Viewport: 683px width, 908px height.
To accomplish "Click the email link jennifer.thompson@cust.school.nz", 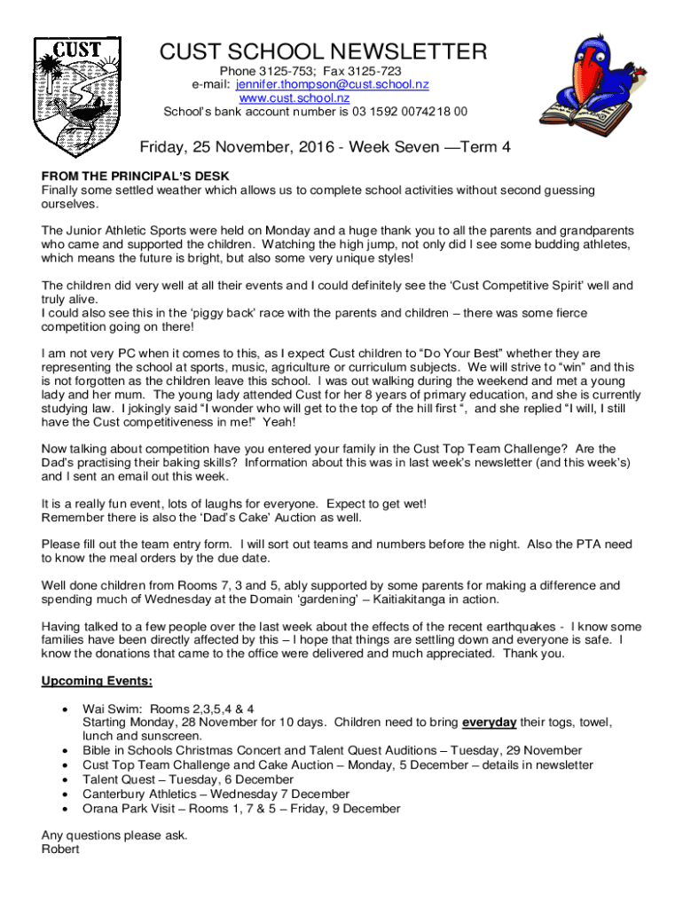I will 333,84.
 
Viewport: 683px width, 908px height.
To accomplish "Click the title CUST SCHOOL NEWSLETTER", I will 323,52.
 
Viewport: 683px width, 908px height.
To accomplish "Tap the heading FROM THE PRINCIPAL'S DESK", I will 127,176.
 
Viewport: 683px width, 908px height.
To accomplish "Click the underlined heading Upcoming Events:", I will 98,681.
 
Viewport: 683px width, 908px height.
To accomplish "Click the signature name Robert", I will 60,849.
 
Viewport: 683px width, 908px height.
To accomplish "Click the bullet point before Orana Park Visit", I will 63,809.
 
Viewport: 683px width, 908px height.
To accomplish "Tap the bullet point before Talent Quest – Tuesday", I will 63,779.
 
